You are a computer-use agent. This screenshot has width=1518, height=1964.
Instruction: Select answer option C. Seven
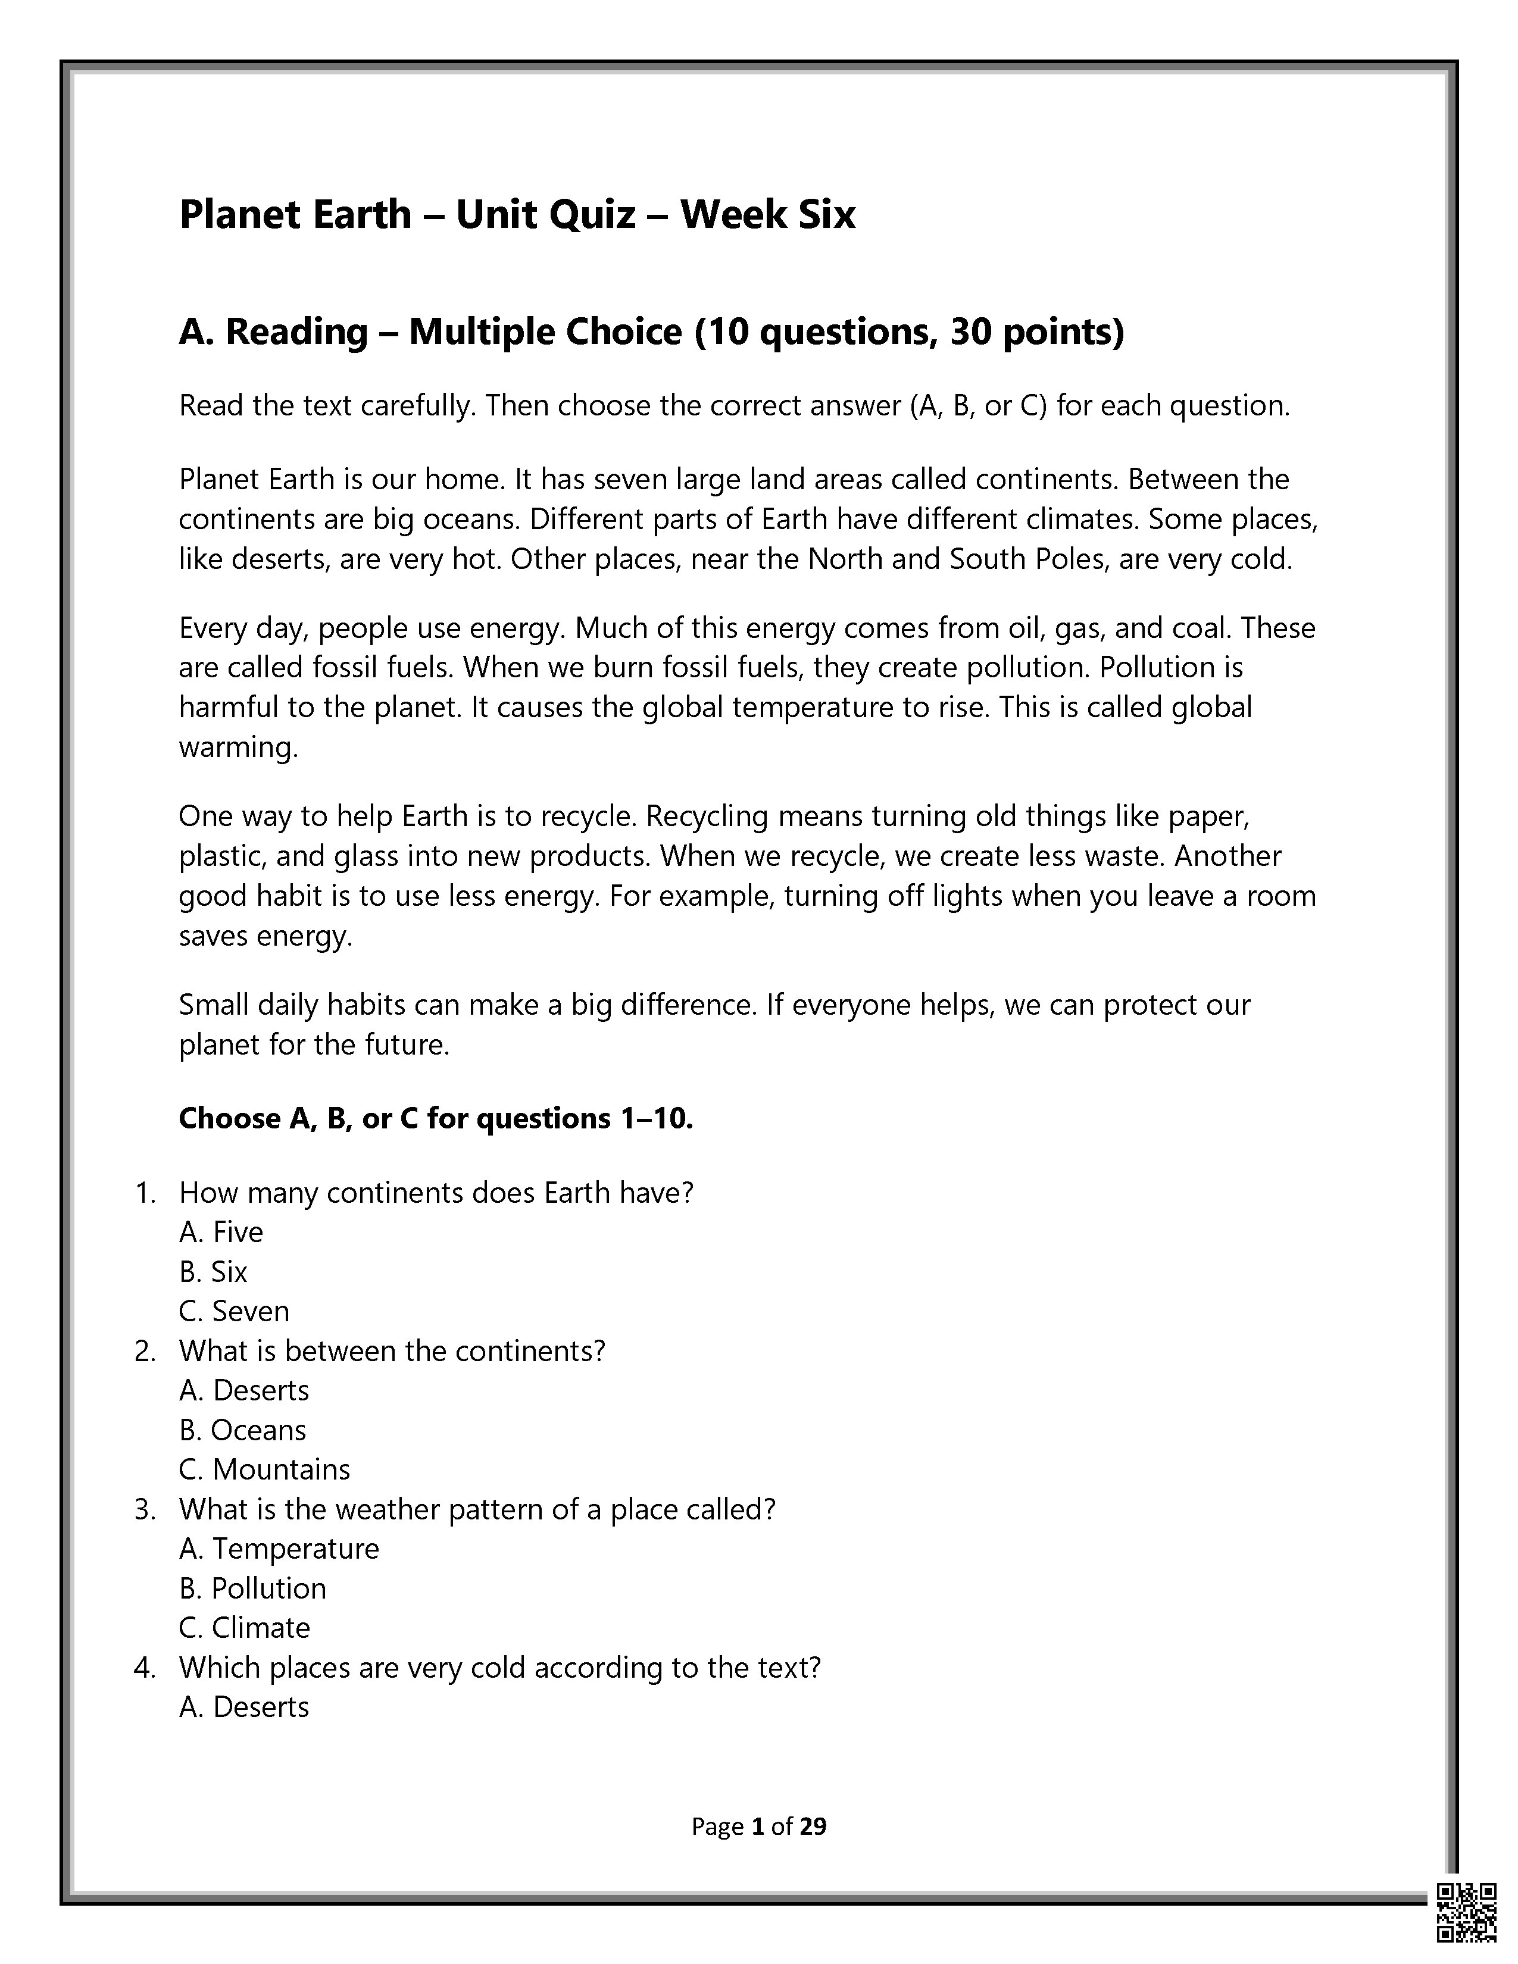click(x=234, y=1311)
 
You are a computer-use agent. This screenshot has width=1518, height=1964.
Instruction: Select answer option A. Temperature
click(x=279, y=1549)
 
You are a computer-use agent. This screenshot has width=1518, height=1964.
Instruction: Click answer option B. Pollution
click(x=252, y=1588)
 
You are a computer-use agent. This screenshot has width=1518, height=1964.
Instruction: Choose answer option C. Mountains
click(x=264, y=1469)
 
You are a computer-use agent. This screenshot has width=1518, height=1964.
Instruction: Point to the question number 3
click(x=144, y=1509)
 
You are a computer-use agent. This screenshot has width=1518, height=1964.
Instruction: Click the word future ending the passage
click(x=403, y=1045)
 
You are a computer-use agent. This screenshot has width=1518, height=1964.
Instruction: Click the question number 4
click(x=144, y=1667)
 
